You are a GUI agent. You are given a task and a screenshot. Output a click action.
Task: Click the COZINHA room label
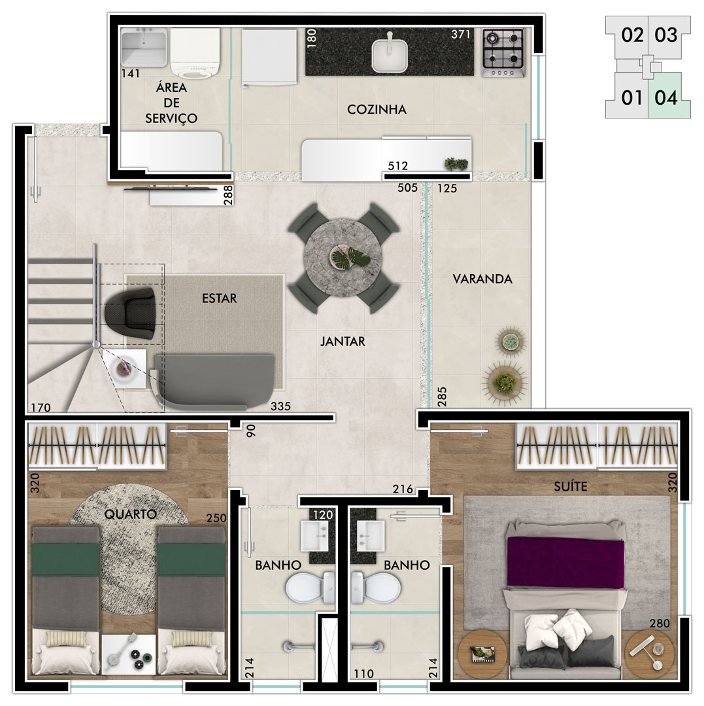pyautogui.click(x=377, y=109)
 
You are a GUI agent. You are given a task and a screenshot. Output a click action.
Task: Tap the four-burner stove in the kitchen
pyautogui.click(x=503, y=52)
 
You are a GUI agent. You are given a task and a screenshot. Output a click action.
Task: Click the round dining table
pyautogui.click(x=343, y=258)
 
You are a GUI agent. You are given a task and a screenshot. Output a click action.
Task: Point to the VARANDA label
pyautogui.click(x=482, y=279)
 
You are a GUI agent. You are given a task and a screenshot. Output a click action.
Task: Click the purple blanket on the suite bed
pyautogui.click(x=565, y=562)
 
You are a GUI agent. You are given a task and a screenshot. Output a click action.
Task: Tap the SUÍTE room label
pyautogui.click(x=571, y=486)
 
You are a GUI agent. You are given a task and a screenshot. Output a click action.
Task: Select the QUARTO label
pyautogui.click(x=130, y=514)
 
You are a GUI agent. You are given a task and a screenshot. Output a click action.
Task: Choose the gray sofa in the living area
pyautogui.click(x=214, y=382)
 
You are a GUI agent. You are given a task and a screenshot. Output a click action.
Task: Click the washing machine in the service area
pyautogui.click(x=195, y=53)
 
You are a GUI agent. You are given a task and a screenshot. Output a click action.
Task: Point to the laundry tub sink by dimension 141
pyautogui.click(x=144, y=48)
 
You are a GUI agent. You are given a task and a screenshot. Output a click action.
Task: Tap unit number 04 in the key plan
pyautogui.click(x=666, y=97)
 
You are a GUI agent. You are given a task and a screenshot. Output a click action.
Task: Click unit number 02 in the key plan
pyautogui.click(x=632, y=35)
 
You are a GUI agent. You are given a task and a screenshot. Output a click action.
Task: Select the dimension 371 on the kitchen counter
pyautogui.click(x=461, y=34)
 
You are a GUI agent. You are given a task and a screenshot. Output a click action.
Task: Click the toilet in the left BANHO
pyautogui.click(x=310, y=587)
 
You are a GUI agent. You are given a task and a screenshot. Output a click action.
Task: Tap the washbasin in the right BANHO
pyautogui.click(x=371, y=536)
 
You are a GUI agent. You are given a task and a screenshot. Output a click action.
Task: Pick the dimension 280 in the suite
pyautogui.click(x=660, y=623)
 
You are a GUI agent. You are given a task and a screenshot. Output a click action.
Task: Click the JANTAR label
pyautogui.click(x=343, y=342)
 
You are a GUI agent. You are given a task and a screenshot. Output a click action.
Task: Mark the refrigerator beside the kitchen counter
pyautogui.click(x=269, y=58)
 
